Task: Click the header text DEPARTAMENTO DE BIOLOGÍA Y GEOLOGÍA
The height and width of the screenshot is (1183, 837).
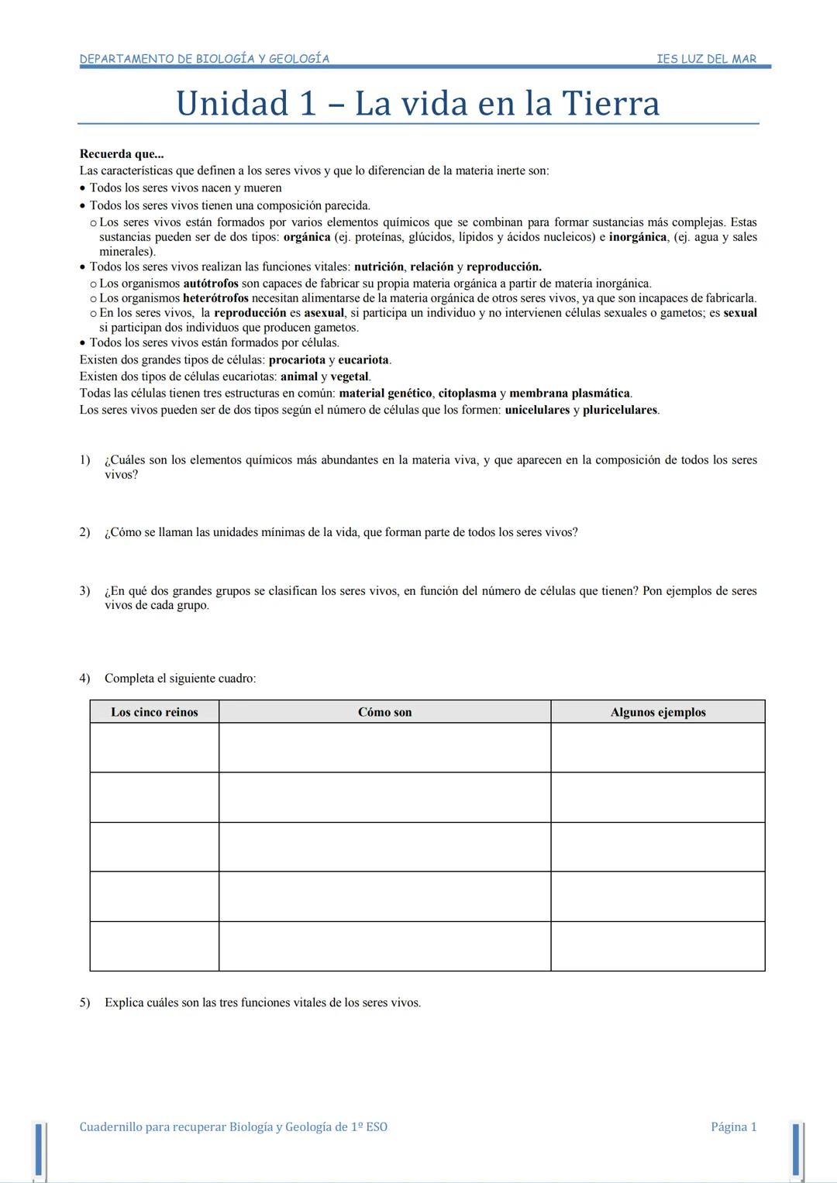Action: tap(204, 59)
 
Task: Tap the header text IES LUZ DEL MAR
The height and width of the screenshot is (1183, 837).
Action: tap(706, 59)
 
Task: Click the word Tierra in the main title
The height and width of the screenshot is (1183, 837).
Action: tap(610, 104)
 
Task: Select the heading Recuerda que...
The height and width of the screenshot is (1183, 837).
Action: tap(121, 154)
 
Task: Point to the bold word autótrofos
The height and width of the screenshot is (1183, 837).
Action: tap(210, 284)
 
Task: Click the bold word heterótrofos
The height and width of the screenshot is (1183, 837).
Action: tap(215, 298)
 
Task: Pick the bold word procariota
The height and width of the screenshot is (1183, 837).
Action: tap(297, 360)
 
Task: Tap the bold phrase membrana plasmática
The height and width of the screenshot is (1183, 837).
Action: tap(570, 394)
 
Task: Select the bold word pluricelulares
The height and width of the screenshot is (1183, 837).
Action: tap(619, 410)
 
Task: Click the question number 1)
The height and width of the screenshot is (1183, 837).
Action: tap(84, 460)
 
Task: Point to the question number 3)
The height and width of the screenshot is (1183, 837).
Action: tap(84, 591)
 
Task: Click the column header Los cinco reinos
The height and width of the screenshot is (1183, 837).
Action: tap(154, 712)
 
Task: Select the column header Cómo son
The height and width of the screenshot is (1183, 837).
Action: tap(384, 712)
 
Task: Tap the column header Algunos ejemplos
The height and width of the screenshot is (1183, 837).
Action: tap(658, 712)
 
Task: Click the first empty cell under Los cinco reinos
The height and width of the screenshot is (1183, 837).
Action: tap(154, 748)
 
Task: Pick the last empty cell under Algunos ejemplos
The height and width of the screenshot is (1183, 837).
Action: tap(658, 946)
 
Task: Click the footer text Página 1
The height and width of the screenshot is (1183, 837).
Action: tap(733, 1127)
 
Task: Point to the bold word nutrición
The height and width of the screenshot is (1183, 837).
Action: tap(378, 267)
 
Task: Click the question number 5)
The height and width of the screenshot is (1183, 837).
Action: tap(84, 1002)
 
